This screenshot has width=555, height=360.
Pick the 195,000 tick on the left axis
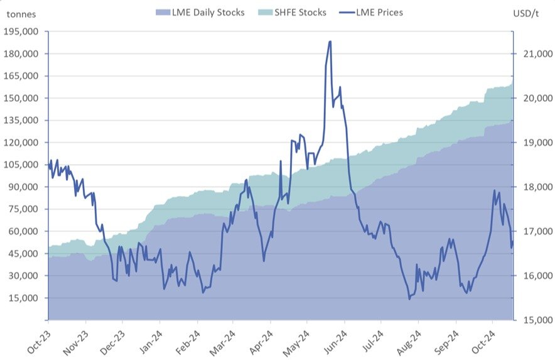(22, 31)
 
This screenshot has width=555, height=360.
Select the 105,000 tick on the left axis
(22, 165)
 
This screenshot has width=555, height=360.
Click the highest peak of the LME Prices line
(330, 41)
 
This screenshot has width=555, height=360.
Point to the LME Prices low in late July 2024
(409, 298)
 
